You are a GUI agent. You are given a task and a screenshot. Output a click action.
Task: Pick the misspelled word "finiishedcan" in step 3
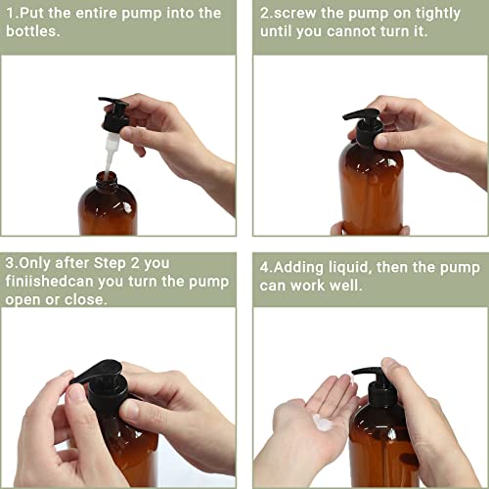point(61,282)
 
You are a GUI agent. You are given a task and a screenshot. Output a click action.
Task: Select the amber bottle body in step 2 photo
point(372,191)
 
